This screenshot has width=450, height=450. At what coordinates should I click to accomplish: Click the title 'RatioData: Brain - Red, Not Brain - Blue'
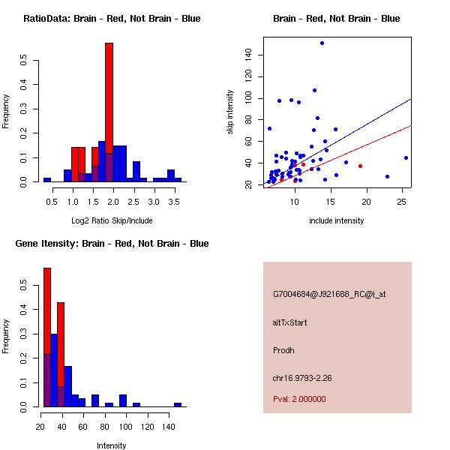(112, 19)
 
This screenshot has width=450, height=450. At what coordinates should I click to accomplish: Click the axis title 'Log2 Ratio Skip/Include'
(112, 220)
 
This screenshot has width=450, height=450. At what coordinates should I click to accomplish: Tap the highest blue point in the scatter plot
(322, 43)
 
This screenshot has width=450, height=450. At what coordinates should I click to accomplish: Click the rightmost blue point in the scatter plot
(406, 157)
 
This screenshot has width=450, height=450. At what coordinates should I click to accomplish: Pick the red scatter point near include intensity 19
(360, 166)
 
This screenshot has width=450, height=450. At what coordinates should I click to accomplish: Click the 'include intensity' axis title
(337, 220)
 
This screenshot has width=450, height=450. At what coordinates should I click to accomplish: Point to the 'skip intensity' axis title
(231, 112)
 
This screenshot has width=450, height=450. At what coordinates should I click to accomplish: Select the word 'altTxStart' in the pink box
(289, 322)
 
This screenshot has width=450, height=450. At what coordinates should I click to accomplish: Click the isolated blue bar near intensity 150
(178, 404)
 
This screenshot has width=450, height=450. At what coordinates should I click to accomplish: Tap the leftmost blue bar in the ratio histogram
(47, 180)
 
